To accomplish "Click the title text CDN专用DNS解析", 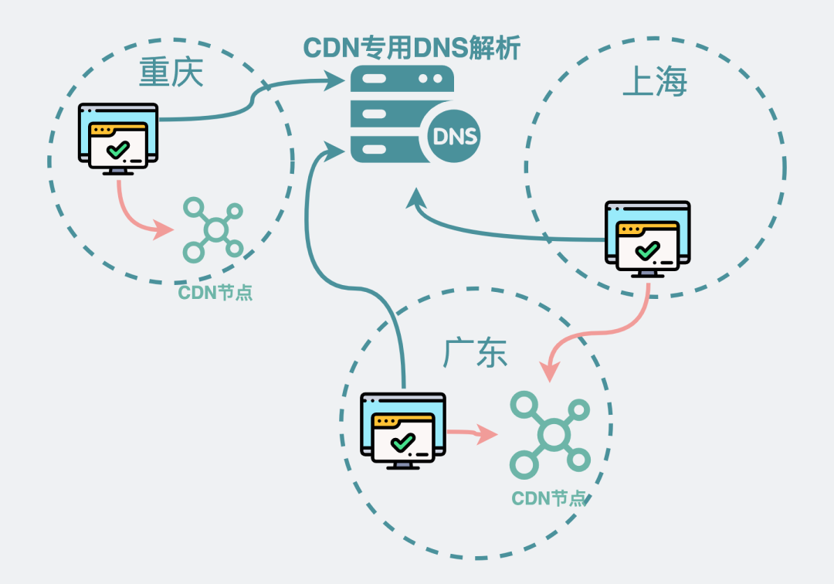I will click(412, 48).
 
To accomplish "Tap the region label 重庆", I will click(171, 74).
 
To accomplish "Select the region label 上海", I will click(654, 83).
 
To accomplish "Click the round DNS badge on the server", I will click(455, 138).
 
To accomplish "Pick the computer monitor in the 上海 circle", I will click(647, 239).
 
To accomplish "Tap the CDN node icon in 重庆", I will click(213, 229).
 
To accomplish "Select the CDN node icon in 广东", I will click(550, 433).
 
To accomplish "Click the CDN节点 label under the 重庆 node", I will click(215, 293).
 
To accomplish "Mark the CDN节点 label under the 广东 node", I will click(550, 498).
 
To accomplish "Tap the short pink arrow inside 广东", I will click(472, 433).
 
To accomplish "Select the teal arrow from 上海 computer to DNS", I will click(494, 232).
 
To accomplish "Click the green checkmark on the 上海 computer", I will click(647, 250).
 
